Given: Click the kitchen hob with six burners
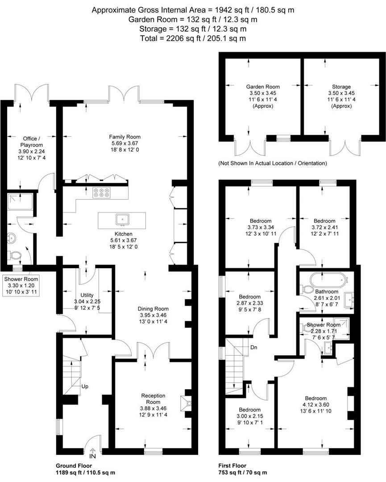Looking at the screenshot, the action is pyautogui.click(x=101, y=192).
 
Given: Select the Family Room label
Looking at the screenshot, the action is pyautogui.click(x=125, y=137).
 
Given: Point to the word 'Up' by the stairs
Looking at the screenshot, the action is pyautogui.click(x=85, y=386).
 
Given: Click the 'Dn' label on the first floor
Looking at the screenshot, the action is pyautogui.click(x=253, y=347).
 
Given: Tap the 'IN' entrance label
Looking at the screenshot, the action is pyautogui.click(x=92, y=456).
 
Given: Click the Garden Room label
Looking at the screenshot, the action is pyautogui.click(x=263, y=87).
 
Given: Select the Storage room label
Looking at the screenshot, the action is pyautogui.click(x=341, y=87).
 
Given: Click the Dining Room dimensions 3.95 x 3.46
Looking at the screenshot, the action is pyautogui.click(x=153, y=315).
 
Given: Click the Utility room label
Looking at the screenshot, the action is pyautogui.click(x=87, y=295).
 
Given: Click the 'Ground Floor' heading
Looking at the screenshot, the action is pyautogui.click(x=74, y=465).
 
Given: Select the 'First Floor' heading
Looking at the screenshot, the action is pyautogui.click(x=232, y=465).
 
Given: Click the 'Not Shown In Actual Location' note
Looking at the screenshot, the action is pyautogui.click(x=273, y=163).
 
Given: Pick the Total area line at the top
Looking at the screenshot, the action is pyautogui.click(x=193, y=38).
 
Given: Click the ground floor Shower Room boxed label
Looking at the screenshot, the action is pyautogui.click(x=21, y=286).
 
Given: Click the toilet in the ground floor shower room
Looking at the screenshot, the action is pyautogui.click(x=14, y=255).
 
